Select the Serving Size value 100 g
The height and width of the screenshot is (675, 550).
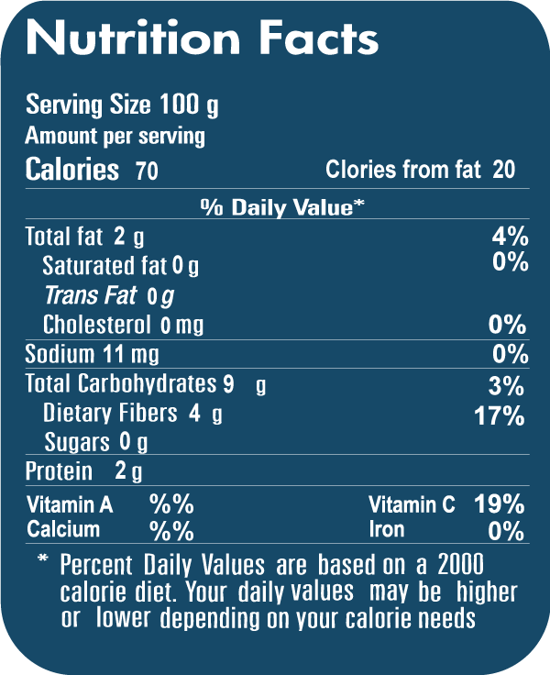pos(189,105)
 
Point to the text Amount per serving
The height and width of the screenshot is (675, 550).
pos(115,137)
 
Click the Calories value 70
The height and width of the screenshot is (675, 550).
pos(146,171)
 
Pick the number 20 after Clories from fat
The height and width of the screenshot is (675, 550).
pos(502,170)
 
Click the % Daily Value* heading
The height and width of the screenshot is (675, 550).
pos(282,207)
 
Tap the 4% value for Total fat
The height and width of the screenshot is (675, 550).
pos(510,236)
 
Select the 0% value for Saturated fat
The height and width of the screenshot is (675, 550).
pos(510,262)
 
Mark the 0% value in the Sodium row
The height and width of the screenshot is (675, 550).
pos(510,354)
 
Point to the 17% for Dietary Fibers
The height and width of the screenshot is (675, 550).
pos(500,415)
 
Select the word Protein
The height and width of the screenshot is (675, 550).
pos(59,472)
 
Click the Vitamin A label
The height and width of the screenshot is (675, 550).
pos(70,504)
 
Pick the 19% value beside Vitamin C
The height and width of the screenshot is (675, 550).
pos(500,503)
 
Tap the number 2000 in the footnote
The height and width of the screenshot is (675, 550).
pos(461,563)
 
